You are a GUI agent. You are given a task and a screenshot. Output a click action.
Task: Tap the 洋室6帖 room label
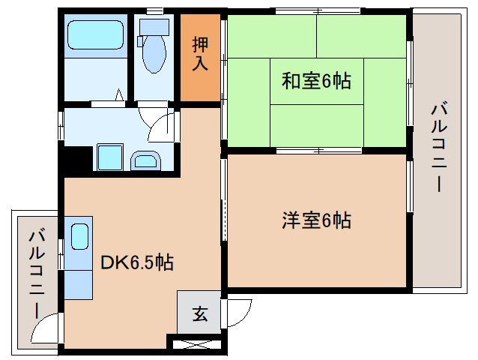pyautogui.click(x=316, y=220)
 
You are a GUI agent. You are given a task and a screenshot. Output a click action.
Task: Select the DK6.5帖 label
pyautogui.click(x=138, y=262)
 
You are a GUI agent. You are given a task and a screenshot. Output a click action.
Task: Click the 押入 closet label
pyautogui.click(x=200, y=54)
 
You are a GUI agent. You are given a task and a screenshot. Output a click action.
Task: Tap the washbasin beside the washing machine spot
pyautogui.click(x=145, y=160)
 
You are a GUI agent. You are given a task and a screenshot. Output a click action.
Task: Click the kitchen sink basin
pyautogui.click(x=79, y=238)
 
